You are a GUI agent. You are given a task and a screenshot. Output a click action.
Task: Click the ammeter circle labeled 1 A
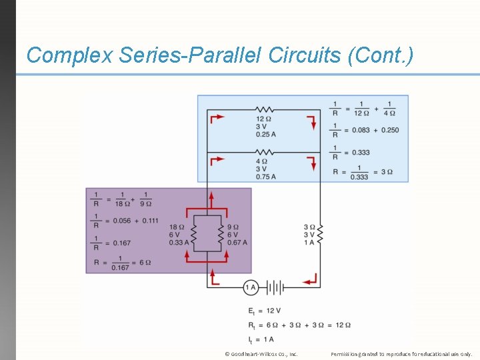click(251, 288)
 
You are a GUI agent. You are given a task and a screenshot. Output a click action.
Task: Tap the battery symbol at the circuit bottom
click(275, 288)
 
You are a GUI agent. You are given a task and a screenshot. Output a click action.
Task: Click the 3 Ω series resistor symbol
click(320, 234)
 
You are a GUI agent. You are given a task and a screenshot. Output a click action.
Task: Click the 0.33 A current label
click(179, 243)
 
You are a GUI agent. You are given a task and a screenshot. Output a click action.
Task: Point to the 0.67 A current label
click(237, 243)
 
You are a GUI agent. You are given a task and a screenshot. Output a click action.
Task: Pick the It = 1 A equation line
click(261, 339)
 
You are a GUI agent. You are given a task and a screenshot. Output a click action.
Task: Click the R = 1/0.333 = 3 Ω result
click(363, 172)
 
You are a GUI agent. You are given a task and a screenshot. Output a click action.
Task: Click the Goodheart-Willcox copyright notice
click(261, 354)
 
